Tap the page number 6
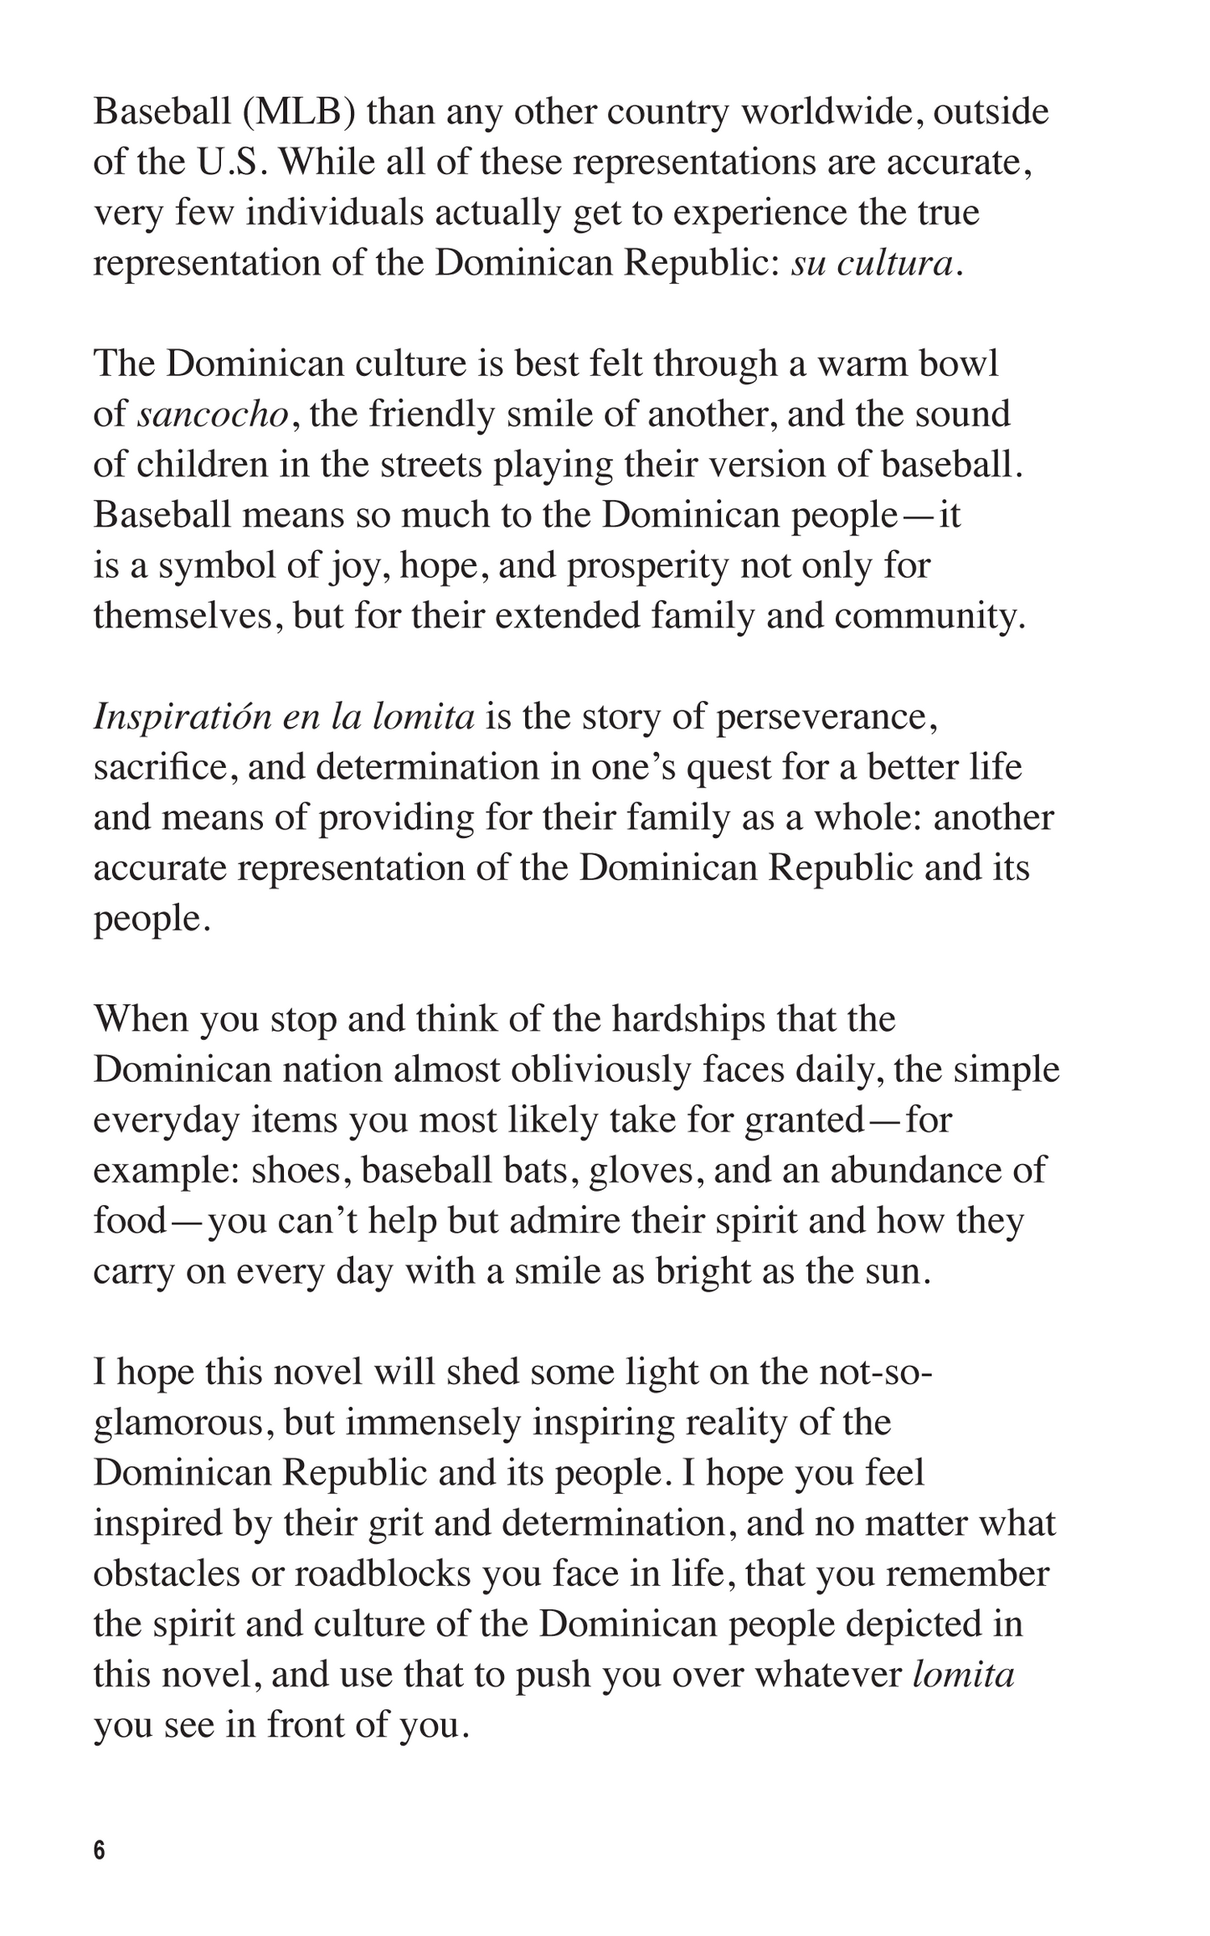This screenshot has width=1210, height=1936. (x=100, y=1850)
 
